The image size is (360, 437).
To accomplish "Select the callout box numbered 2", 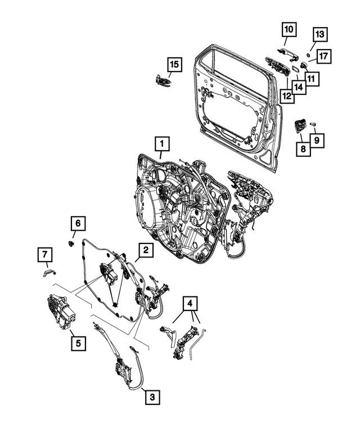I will [145, 250].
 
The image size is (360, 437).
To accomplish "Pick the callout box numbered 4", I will [191, 304].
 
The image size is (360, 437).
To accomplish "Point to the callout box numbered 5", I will [78, 341].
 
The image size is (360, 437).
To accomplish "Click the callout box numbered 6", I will [78, 224].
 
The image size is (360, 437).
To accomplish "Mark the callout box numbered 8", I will [304, 149].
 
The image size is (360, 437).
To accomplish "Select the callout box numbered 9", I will [318, 139].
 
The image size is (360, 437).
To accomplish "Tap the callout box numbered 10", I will [287, 28].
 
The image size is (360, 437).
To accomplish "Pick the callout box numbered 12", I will [287, 96].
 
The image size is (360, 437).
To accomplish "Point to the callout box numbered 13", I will [318, 35].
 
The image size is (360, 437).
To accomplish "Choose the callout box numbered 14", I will [299, 87].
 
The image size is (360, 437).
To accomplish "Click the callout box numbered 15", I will [174, 65].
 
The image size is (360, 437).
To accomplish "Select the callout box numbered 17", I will [325, 56].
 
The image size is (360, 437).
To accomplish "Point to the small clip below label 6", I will [72, 244].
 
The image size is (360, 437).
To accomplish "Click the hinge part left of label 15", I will [161, 81].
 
